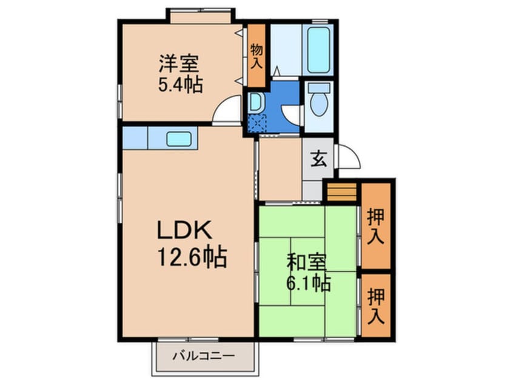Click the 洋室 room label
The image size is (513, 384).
179,64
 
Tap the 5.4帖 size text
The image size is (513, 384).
180,84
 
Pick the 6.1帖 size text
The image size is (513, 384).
309,283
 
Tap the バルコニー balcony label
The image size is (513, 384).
204,356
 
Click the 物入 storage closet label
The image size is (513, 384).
256,56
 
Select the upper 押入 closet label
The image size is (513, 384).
375,227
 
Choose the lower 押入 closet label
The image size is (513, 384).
375,306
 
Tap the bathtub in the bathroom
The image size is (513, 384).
319,51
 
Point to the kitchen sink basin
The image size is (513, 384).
179,139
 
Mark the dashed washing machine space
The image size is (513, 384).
257,123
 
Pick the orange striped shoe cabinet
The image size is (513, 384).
342,192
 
